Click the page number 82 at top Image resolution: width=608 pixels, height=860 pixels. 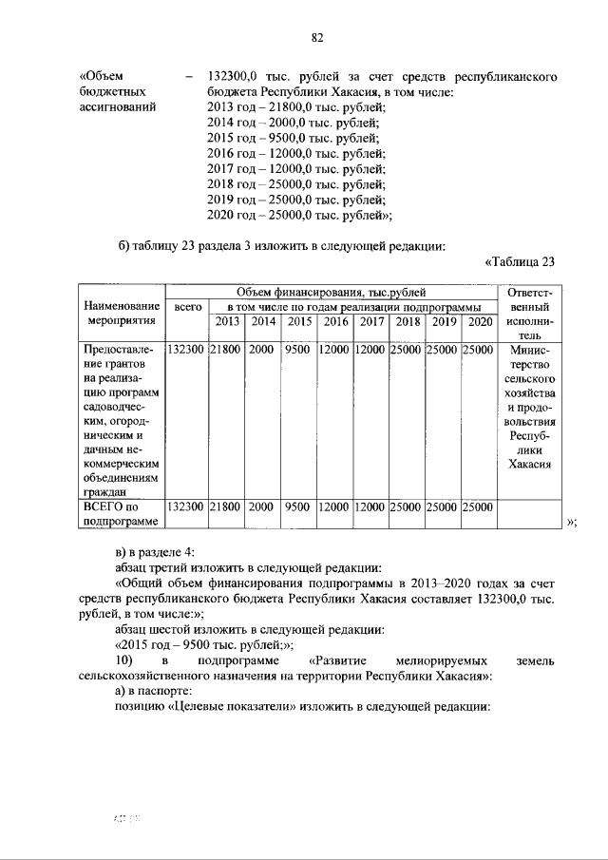pos(317,38)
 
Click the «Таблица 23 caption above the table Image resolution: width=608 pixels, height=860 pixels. pos(519,262)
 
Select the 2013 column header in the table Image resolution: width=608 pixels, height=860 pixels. pos(227,321)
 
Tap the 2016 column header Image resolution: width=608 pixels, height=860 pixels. pos(335,321)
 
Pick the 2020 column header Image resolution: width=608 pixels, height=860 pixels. pos(480,321)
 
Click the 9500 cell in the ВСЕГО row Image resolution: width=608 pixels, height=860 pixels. pos(297,507)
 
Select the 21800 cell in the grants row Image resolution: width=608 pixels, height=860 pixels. pos(227,350)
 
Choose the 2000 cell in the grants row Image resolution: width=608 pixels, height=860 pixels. pos(261,350)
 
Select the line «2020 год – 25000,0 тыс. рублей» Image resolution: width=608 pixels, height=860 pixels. pos(299,215)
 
